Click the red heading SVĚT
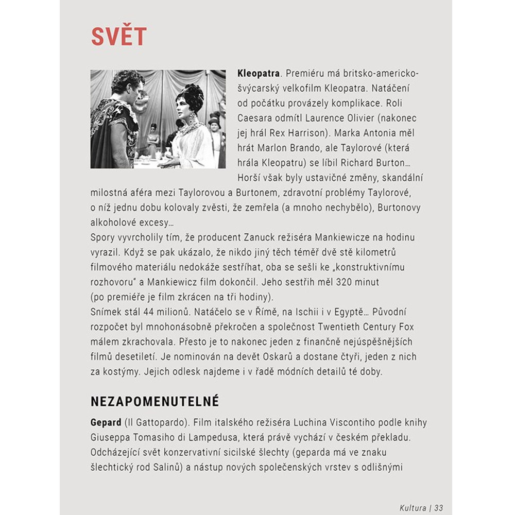coord(119,36)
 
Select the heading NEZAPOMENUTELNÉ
coord(155,401)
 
